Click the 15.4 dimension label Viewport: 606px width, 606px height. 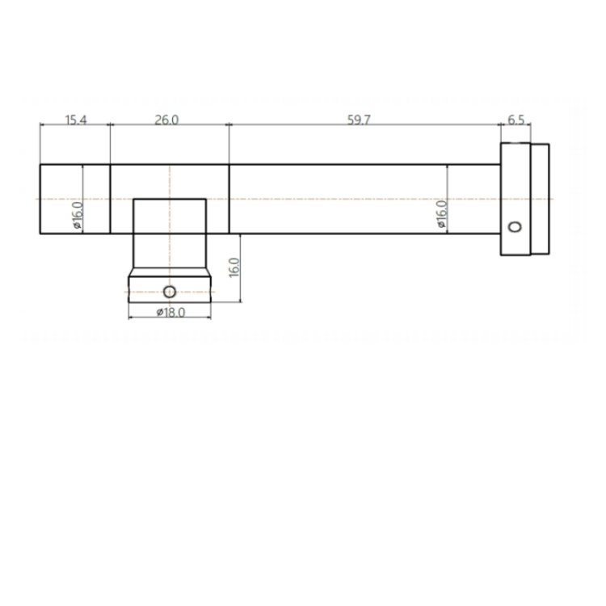[76, 120]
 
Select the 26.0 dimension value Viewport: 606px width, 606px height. [166, 120]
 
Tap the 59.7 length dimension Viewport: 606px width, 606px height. [359, 120]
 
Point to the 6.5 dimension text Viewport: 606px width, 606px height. [516, 120]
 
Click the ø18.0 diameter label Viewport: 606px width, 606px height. [170, 312]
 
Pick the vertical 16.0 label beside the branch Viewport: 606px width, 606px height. [234, 267]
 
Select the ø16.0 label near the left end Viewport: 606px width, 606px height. [78, 215]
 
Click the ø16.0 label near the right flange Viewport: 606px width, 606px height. [441, 214]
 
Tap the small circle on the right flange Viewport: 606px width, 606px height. [515, 226]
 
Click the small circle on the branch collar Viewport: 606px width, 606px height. [170, 292]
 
